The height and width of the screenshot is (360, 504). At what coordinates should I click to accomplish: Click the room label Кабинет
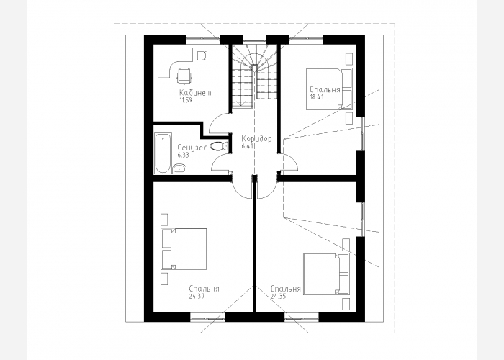click(195, 93)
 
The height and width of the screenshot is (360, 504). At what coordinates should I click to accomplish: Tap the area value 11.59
click(185, 100)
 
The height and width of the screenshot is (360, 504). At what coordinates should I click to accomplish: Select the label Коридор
click(256, 139)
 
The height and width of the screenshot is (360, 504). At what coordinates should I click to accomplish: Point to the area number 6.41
click(248, 146)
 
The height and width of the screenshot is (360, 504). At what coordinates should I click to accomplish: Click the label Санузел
click(192, 148)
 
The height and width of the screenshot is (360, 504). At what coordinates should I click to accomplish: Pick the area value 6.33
click(183, 156)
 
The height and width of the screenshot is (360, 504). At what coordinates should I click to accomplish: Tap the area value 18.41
click(316, 97)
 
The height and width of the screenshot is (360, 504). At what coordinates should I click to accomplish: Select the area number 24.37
click(197, 297)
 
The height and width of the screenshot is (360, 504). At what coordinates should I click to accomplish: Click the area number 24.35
click(278, 297)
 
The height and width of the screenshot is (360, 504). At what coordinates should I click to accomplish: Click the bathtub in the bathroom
click(163, 153)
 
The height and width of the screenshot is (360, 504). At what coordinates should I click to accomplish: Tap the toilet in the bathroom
click(219, 147)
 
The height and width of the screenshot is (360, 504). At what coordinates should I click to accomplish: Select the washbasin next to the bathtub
click(179, 168)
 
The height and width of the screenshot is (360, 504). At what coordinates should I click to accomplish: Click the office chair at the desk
click(184, 75)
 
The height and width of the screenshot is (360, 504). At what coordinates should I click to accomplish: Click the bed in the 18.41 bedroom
click(329, 89)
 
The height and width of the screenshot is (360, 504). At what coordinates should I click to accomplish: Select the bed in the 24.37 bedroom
click(184, 249)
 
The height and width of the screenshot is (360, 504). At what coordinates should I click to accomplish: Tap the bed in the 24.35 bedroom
click(327, 274)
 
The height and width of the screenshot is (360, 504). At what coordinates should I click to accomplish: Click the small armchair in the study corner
click(202, 55)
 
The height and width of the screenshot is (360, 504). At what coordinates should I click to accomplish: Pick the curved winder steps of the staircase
click(255, 57)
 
